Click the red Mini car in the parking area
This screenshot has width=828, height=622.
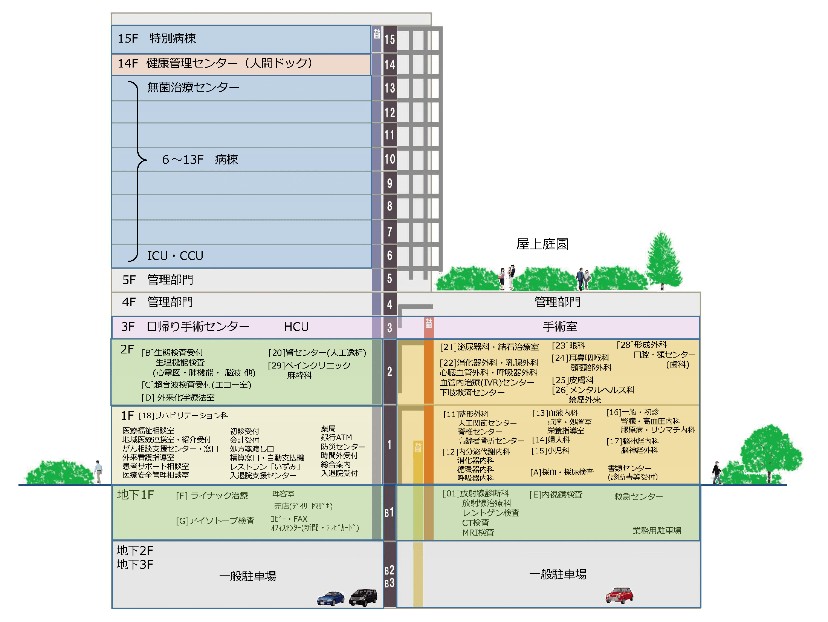pos(619,595)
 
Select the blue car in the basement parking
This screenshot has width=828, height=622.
pos(331,598)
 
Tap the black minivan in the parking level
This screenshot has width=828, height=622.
pos(363,597)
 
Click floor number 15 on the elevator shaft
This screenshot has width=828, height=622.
pos(390,39)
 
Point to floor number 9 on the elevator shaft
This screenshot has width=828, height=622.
pos(390,183)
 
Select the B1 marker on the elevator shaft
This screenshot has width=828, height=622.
pos(389,513)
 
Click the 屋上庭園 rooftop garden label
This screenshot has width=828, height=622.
pos(542,244)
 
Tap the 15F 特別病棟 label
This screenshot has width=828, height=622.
pos(157,38)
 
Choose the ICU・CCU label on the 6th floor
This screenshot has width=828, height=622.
pos(175,256)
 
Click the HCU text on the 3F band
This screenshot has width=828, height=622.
pos(296,327)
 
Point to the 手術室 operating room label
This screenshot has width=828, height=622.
pos(560,327)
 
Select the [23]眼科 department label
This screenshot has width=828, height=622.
pos(568,346)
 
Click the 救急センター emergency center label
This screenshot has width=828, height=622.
pos(639,496)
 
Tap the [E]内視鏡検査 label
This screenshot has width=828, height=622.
pos(556,495)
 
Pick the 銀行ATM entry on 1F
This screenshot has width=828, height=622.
pos(336,438)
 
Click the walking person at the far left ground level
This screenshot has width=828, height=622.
pos(98,471)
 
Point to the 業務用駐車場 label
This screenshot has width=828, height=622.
pos(657,531)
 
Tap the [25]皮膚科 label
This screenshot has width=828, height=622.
pos(573,380)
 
